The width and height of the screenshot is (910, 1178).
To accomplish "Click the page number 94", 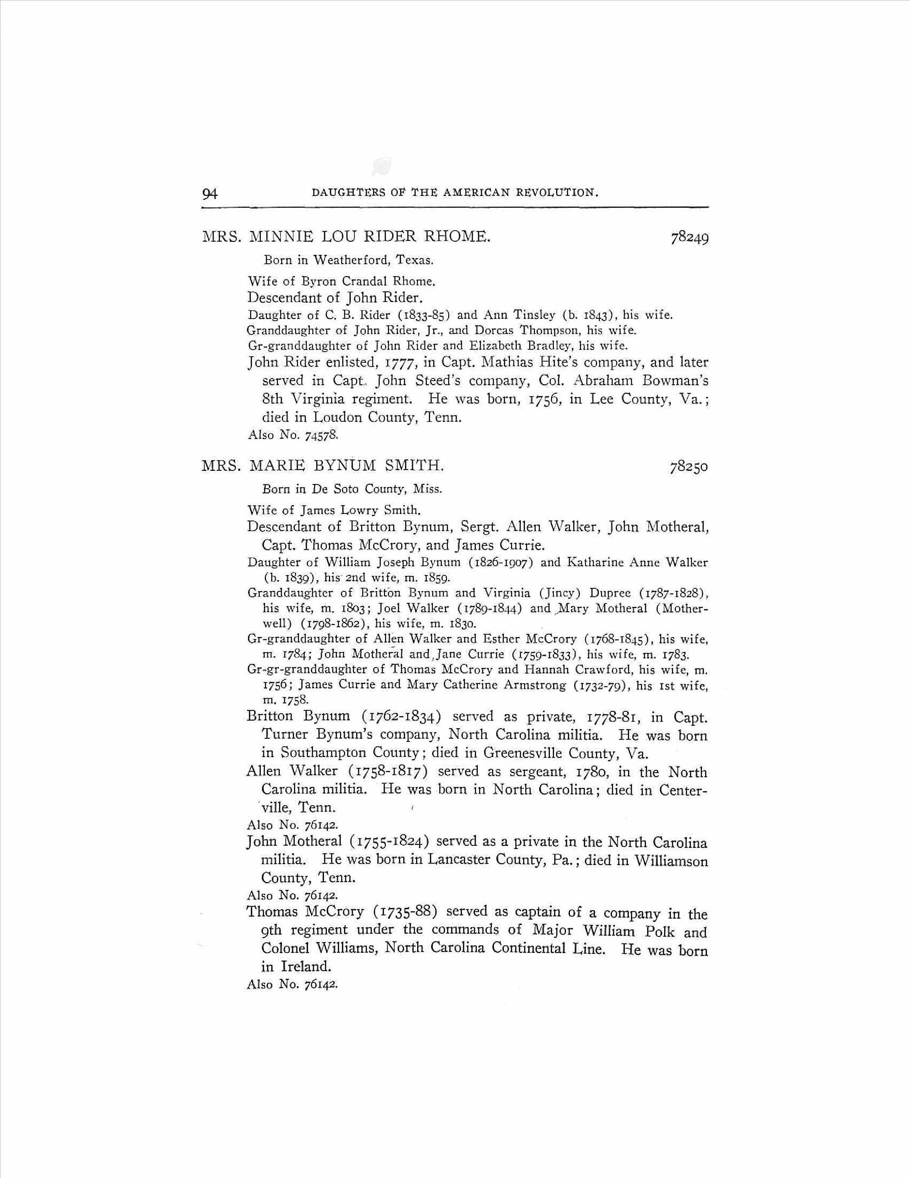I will (x=210, y=193).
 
